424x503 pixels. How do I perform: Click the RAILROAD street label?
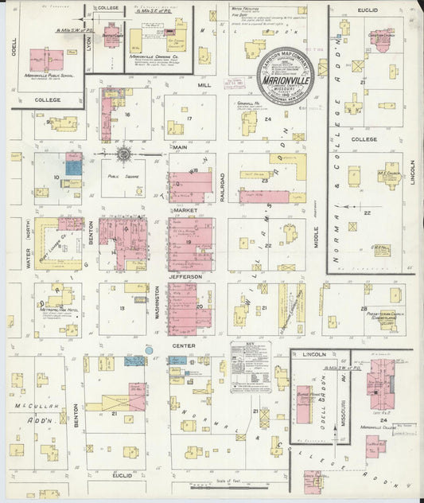(x=221, y=181)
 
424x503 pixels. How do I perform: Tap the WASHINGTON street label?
(x=157, y=304)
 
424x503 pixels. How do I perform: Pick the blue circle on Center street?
(x=149, y=349)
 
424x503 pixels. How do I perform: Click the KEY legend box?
(x=250, y=367)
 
